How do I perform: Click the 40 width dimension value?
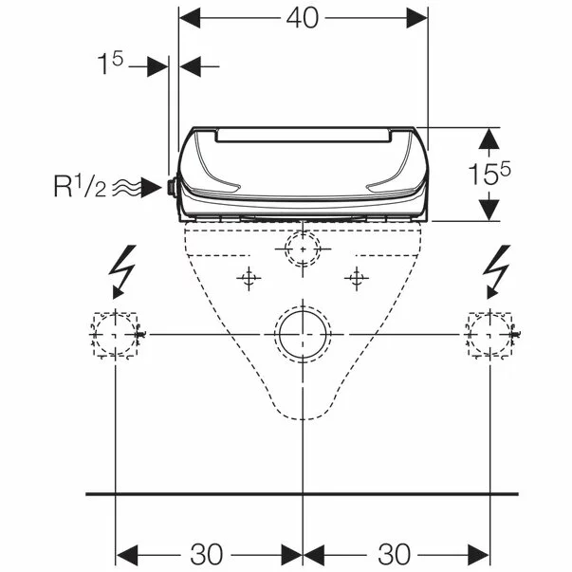pyautogui.click(x=302, y=18)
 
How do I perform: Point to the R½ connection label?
pyautogui.click(x=81, y=186)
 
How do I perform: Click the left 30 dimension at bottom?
pyautogui.click(x=206, y=555)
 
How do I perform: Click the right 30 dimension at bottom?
pyautogui.click(x=395, y=555)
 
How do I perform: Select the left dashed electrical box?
pyautogui.click(x=94, y=334)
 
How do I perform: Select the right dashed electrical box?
pyautogui.click(x=469, y=334)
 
